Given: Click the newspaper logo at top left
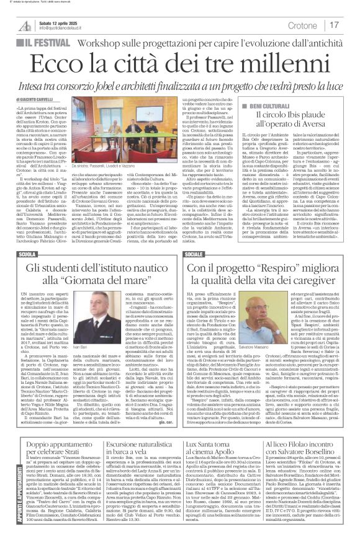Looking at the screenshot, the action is [25, 24].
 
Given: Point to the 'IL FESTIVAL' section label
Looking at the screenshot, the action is [47, 47].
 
